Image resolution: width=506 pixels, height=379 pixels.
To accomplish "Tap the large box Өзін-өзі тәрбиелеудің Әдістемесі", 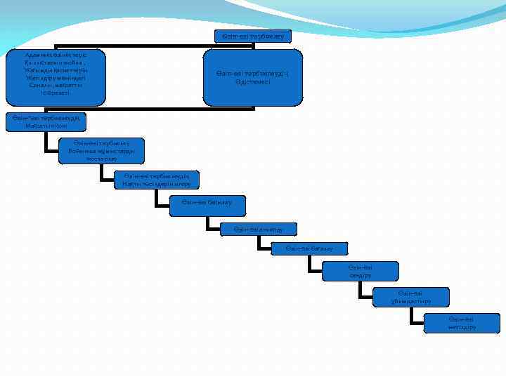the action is tap(253, 77).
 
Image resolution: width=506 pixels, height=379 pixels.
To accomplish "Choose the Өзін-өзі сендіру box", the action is tap(360, 271).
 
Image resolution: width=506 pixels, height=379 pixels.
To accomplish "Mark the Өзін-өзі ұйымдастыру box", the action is tap(411, 297).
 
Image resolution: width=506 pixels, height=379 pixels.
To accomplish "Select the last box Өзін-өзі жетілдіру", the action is tap(462, 323).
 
